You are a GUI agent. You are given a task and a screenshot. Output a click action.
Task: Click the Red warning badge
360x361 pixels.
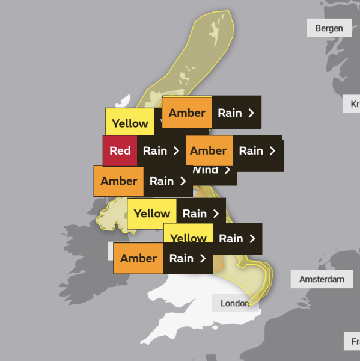[120, 150]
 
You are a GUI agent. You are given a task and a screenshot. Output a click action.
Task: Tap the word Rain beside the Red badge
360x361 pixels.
[155, 150]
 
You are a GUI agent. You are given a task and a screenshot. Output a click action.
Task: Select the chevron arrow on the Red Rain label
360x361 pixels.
[176, 150]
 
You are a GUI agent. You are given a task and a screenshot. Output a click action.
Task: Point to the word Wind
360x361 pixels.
[205, 170]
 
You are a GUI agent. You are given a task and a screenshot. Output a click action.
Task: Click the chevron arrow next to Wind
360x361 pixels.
[227, 170]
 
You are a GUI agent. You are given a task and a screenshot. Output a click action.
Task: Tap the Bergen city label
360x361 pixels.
[329, 28]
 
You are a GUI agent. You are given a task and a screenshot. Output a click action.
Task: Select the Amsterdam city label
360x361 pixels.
[322, 279]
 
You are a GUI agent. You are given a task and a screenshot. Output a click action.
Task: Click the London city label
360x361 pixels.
[235, 303]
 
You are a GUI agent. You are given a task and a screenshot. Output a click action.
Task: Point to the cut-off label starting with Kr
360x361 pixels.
[353, 104]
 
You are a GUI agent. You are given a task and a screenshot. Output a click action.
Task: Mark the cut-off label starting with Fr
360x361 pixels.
[353, 341]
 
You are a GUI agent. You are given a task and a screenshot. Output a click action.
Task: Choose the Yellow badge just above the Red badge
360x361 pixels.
[130, 123]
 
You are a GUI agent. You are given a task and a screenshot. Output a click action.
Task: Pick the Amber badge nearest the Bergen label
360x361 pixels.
[187, 113]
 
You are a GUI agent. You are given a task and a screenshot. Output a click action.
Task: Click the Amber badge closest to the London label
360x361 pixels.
[138, 258]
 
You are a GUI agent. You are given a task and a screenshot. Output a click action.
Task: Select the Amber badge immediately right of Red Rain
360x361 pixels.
[208, 150]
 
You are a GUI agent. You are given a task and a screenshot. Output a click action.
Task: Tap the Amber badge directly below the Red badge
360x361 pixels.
[119, 181]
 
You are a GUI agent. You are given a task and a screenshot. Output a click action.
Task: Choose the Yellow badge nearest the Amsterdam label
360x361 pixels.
[189, 239]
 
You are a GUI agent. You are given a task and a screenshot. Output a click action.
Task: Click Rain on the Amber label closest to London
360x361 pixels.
[181, 258]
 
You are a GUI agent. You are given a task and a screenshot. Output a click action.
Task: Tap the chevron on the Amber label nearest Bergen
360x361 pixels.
[251, 113]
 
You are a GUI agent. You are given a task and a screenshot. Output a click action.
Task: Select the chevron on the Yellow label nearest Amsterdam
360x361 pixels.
[252, 239]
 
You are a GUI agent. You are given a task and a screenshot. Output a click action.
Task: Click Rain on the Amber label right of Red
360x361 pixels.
[251, 150]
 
